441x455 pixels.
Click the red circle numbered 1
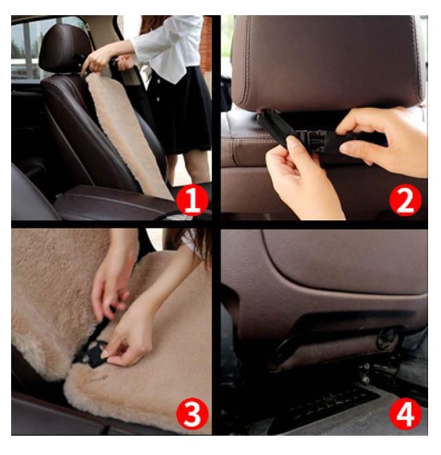point(192,200)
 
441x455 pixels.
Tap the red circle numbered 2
point(405,200)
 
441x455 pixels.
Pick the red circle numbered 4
point(405,414)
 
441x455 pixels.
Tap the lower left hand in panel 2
point(302,180)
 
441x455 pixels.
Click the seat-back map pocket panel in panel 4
point(345,261)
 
